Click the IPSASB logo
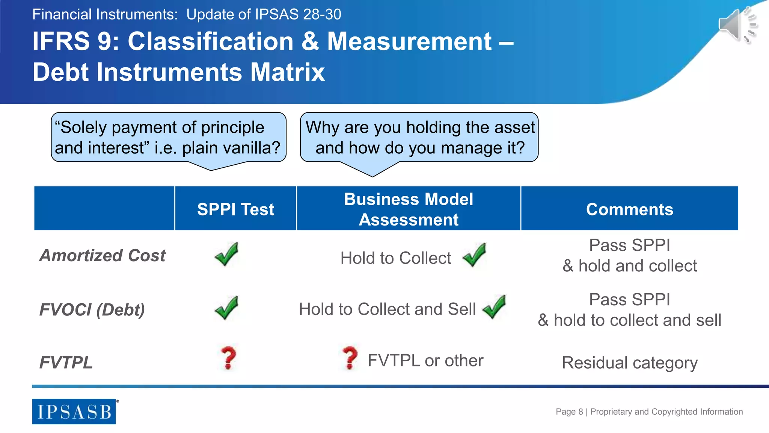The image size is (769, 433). (x=74, y=412)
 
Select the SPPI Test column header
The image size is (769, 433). (x=235, y=209)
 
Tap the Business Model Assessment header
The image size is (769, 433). (x=409, y=209)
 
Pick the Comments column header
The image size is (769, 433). (x=629, y=209)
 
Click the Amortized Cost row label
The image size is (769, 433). (x=102, y=256)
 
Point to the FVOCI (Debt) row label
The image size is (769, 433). (x=92, y=310)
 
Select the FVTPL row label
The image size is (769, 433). (x=66, y=363)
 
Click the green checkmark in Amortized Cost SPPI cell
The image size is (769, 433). (x=226, y=254)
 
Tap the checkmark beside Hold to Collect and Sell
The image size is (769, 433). (x=494, y=307)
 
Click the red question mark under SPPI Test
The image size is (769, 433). (x=228, y=358)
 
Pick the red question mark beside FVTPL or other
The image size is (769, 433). (x=350, y=358)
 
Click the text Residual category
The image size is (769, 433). (x=629, y=363)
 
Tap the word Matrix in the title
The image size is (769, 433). (x=287, y=72)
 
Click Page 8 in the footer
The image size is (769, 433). (x=569, y=412)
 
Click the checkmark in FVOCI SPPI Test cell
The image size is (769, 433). (x=226, y=308)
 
